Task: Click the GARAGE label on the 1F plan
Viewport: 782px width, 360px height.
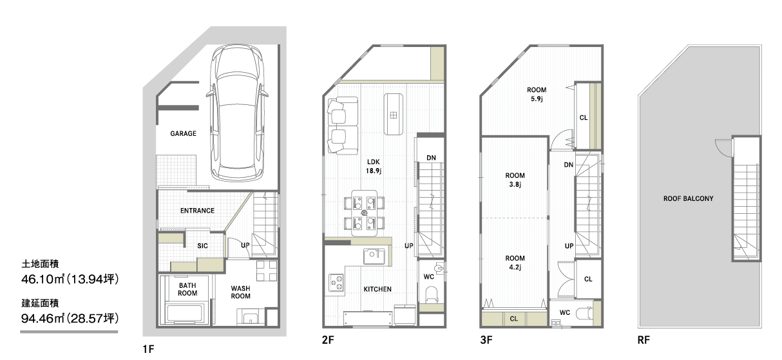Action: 184,133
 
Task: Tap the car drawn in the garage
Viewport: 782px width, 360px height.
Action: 237,113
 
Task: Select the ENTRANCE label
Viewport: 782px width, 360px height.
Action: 197,211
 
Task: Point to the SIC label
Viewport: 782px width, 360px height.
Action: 202,246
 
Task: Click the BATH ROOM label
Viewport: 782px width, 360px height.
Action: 187,289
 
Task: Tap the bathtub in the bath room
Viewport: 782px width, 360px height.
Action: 185,313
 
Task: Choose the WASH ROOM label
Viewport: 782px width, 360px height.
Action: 240,292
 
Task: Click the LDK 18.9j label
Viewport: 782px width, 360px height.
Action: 373,166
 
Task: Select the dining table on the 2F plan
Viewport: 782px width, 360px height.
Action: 364,213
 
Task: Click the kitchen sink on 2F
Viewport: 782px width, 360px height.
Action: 374,256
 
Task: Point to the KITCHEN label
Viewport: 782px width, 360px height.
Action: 377,289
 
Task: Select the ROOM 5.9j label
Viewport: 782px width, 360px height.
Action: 537,94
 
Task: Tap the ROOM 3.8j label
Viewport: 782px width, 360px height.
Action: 515,180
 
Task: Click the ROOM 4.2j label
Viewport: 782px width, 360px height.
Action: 515,263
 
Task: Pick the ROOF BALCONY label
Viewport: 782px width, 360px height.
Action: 688,199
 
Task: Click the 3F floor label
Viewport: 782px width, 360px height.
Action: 486,340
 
